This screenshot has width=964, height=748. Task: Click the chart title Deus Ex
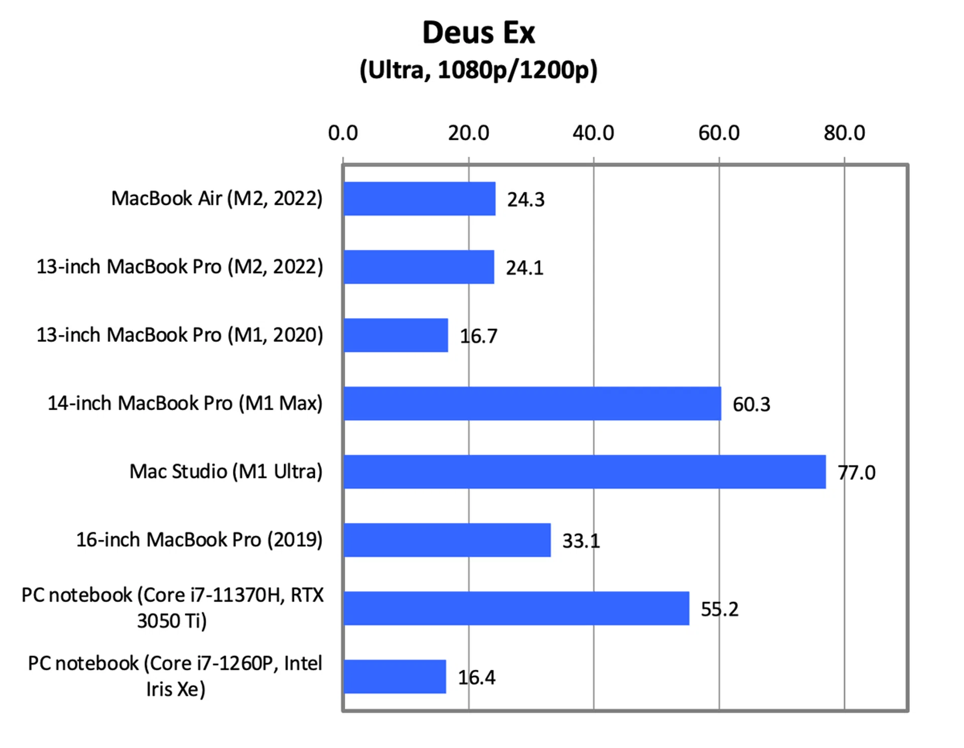(x=478, y=33)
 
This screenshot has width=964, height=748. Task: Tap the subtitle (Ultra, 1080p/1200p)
(x=478, y=70)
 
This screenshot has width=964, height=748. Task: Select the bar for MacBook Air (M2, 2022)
(x=419, y=199)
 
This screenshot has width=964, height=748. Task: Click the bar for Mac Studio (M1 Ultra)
(x=584, y=472)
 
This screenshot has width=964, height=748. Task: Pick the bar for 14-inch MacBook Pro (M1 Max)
(x=532, y=404)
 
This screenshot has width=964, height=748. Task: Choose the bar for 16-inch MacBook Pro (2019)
(x=447, y=540)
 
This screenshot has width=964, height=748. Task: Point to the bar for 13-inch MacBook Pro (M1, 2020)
(x=396, y=335)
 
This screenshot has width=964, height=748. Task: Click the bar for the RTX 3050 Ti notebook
(x=516, y=608)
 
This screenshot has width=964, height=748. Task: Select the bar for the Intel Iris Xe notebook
(x=395, y=677)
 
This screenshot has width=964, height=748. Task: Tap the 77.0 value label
(x=856, y=473)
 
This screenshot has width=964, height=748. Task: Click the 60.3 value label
(x=751, y=405)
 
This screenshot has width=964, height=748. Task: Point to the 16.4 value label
(x=476, y=678)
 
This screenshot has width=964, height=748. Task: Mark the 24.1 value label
(x=525, y=268)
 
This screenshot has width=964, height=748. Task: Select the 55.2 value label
(x=719, y=609)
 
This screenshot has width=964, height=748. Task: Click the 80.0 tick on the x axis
(x=844, y=134)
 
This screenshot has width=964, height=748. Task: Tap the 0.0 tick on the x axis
(x=343, y=134)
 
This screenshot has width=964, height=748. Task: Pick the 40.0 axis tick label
(x=593, y=134)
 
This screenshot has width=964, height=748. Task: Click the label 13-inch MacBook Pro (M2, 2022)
(x=180, y=267)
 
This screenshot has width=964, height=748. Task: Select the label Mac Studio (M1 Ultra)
(x=226, y=472)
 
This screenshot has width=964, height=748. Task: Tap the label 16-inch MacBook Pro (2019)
(x=199, y=540)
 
